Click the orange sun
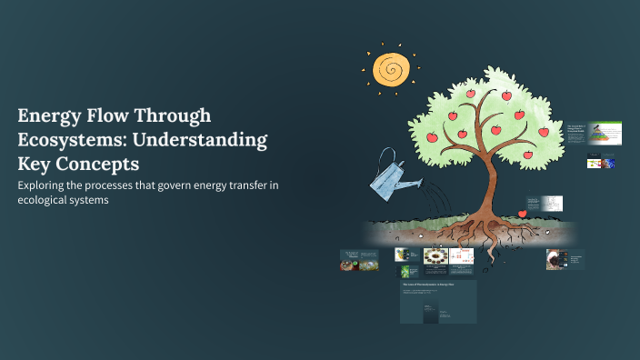tap(392, 68)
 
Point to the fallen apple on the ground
tap(522, 215)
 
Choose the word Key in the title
tap(35, 165)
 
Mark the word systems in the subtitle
tap(97, 201)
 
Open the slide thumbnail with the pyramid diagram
tap(605, 135)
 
